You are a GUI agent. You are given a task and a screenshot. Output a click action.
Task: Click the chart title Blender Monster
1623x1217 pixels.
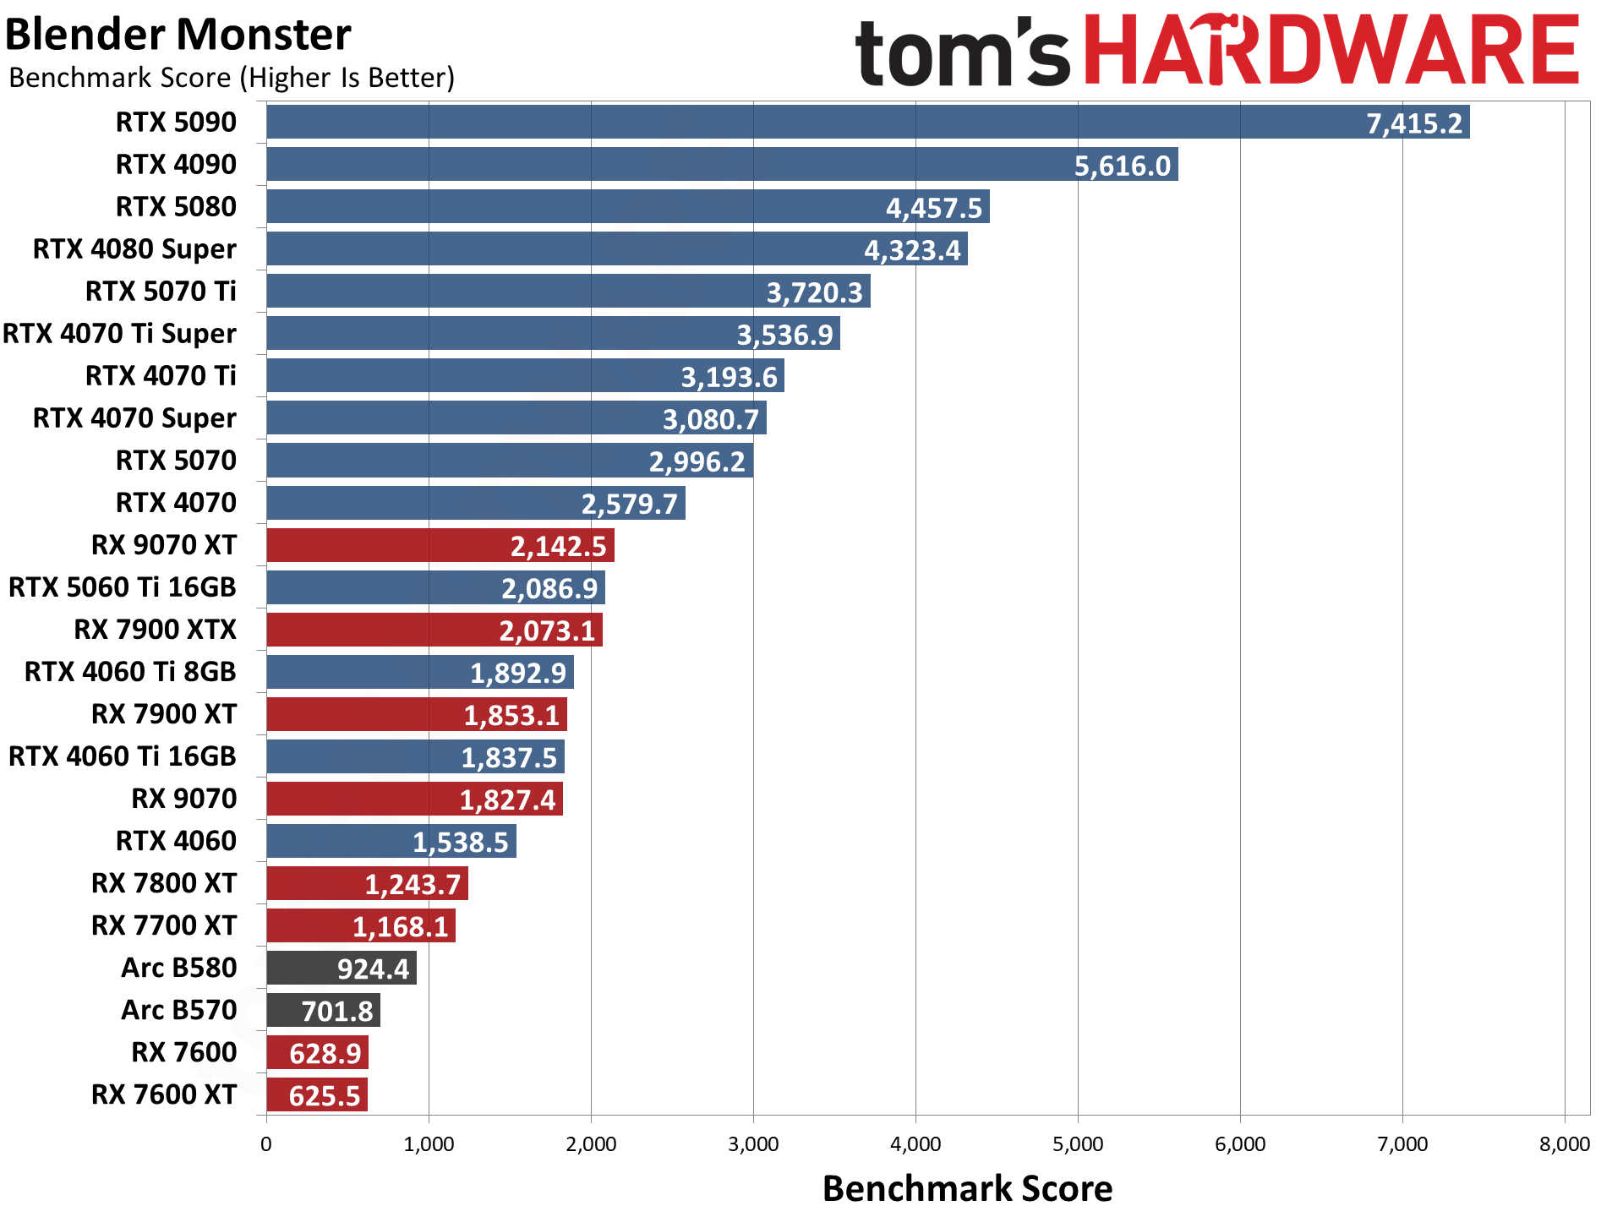click(x=178, y=35)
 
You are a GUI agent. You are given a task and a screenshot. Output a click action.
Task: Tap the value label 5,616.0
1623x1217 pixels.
click(x=1122, y=166)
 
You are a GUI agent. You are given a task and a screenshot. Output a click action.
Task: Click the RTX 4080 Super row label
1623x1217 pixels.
click(x=134, y=249)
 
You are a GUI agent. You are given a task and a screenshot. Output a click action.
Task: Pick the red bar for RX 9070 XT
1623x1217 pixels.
click(x=440, y=545)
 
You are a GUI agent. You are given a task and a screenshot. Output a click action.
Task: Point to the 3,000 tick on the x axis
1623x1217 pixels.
click(x=753, y=1144)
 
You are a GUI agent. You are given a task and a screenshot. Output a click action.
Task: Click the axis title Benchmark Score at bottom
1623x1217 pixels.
click(x=967, y=1188)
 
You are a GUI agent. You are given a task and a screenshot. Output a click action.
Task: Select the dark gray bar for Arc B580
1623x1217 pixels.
click(x=341, y=968)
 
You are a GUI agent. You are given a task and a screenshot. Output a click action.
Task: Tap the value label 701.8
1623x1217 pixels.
click(x=337, y=1011)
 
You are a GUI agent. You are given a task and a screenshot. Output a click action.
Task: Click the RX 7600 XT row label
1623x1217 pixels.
click(x=164, y=1094)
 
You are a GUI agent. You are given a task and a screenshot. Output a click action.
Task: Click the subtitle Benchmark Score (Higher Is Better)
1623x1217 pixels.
click(x=232, y=78)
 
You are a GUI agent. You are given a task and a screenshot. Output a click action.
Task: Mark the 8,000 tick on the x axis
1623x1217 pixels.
click(x=1564, y=1144)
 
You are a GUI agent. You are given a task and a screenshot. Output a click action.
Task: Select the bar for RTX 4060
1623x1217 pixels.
click(x=391, y=841)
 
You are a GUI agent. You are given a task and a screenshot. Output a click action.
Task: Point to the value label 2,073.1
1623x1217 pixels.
click(x=547, y=630)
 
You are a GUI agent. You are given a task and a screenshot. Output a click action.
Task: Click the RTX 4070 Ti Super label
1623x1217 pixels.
click(x=119, y=334)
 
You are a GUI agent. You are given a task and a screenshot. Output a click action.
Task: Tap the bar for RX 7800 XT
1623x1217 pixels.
click(x=367, y=883)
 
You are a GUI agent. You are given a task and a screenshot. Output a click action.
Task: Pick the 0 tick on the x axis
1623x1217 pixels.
click(x=266, y=1144)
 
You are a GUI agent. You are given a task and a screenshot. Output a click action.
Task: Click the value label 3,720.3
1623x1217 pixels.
click(x=814, y=292)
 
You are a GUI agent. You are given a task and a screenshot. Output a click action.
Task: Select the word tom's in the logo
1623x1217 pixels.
click(x=962, y=52)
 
